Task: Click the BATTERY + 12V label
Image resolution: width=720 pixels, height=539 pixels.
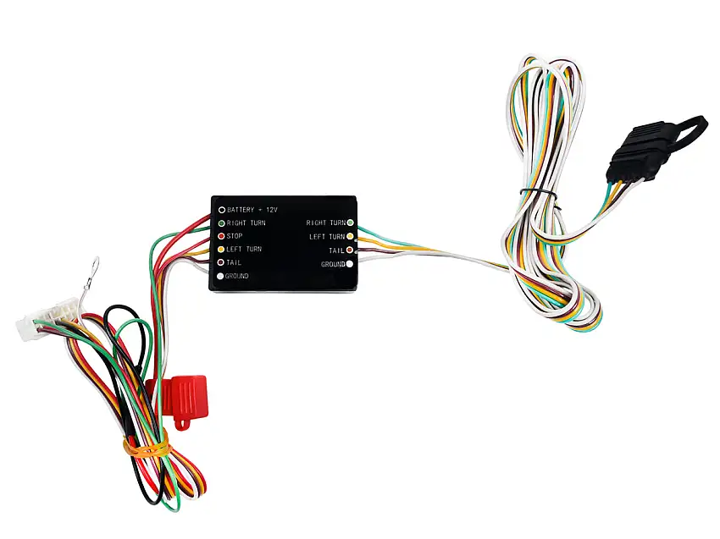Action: [252, 210]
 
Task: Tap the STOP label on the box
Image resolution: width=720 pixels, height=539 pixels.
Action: [234, 236]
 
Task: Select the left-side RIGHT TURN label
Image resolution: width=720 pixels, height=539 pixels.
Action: [246, 223]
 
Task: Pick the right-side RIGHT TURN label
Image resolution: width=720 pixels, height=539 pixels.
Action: [326, 223]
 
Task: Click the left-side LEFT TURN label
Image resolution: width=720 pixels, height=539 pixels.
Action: [244, 249]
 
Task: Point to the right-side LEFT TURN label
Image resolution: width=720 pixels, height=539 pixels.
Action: [327, 237]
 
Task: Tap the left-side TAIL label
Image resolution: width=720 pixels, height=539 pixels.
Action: [233, 262]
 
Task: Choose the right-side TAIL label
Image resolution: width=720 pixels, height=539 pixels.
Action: [336, 250]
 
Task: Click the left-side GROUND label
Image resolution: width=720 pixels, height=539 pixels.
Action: [236, 276]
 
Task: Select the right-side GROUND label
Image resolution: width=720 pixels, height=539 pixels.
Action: [333, 264]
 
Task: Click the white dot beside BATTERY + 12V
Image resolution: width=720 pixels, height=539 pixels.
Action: [222, 210]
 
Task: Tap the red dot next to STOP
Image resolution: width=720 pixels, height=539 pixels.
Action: [221, 236]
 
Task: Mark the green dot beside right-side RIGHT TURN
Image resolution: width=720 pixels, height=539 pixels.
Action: [351, 223]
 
